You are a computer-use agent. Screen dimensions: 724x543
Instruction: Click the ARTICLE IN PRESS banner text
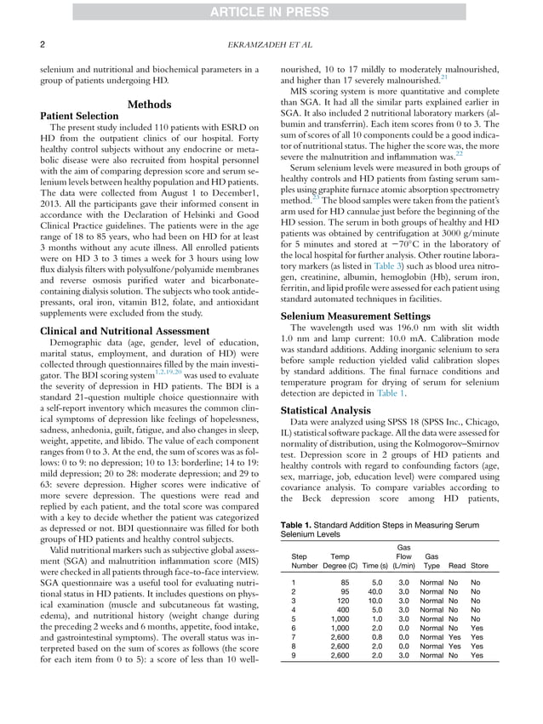coord(271,10)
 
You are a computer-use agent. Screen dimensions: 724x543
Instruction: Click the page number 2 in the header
coord(43,42)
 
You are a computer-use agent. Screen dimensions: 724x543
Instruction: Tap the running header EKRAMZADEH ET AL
coord(271,42)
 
